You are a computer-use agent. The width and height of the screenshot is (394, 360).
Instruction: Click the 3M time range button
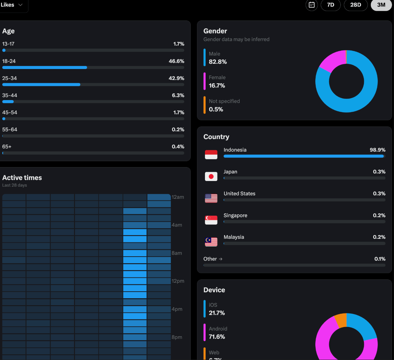pos(381,5)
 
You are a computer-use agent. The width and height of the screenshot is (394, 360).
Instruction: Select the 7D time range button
pos(331,5)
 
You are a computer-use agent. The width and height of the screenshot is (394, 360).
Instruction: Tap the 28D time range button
pos(356,5)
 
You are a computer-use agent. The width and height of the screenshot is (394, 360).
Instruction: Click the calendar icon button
pos(311,5)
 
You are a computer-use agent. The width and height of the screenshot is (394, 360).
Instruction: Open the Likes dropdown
pos(12,5)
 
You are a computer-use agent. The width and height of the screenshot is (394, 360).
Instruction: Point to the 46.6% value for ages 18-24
pos(176,61)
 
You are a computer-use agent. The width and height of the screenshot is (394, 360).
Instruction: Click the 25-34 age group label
pos(10,78)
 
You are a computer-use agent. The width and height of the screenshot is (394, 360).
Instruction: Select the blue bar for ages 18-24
pos(45,67)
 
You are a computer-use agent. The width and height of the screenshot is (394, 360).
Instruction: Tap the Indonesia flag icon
pos(211,154)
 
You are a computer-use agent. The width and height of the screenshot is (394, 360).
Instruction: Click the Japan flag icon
pos(211,176)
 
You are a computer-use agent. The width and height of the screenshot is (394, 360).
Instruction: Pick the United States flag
pos(211,198)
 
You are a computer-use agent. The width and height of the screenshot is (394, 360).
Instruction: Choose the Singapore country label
pos(235,215)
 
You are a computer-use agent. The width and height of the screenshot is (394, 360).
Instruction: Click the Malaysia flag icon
pos(211,242)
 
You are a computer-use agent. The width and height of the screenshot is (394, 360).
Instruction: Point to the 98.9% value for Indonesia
pos(377,150)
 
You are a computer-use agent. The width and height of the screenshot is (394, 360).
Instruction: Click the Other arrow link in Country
pos(213,259)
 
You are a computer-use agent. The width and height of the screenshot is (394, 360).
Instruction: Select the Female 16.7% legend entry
pos(217,82)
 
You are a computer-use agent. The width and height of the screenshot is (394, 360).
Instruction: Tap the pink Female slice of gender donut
pos(331,61)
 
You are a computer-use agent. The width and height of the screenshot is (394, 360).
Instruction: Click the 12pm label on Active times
pos(177,281)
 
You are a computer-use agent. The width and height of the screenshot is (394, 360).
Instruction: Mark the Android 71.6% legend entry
pos(217,333)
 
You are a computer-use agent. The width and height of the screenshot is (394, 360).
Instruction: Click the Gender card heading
pos(215,31)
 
